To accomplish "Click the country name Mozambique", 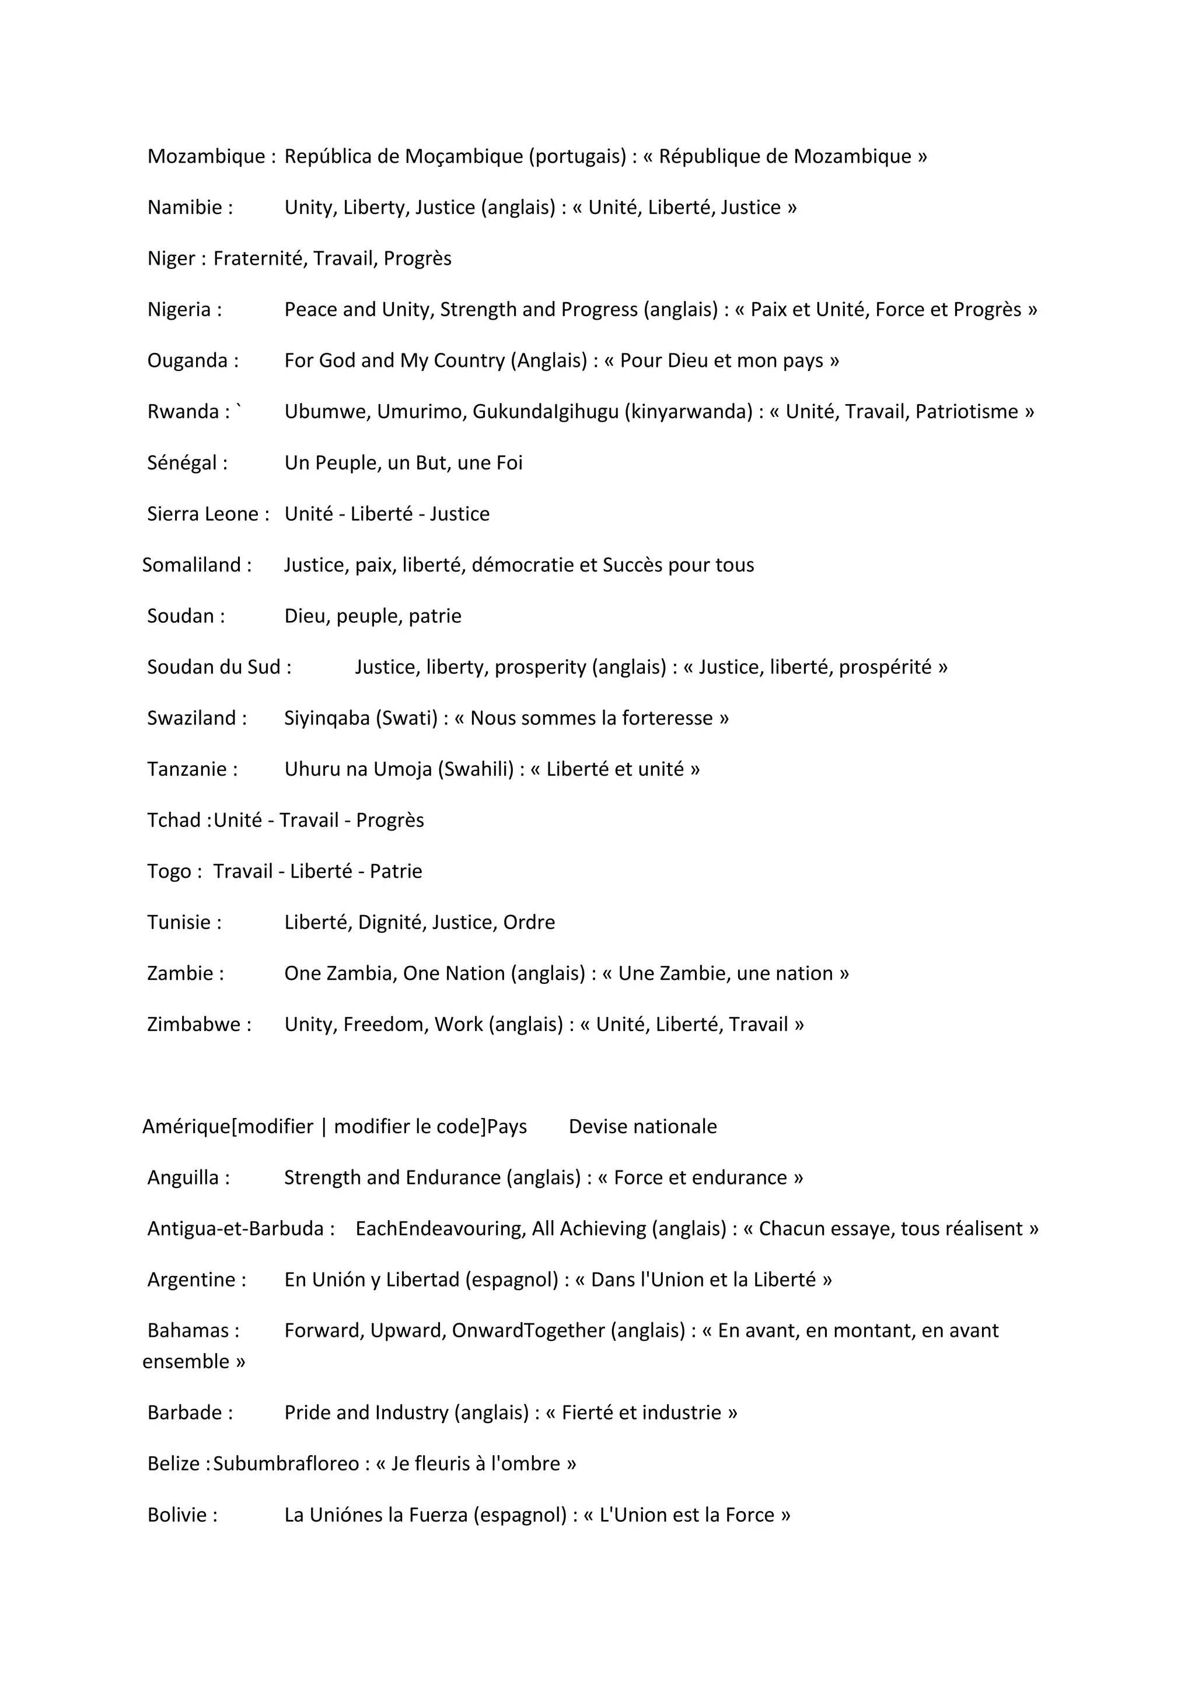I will point(206,157).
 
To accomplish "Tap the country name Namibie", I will point(185,208).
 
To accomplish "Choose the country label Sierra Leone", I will point(202,514).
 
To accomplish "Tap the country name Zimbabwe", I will point(194,1025).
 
